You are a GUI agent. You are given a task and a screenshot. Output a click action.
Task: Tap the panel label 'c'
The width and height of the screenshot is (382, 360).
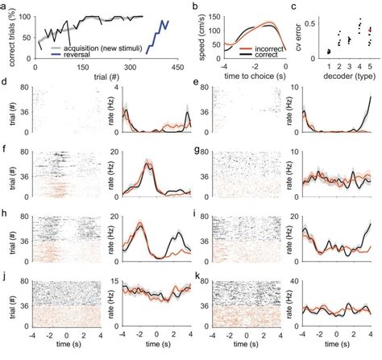click(x=302, y=6)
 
